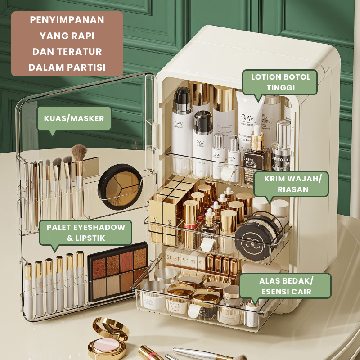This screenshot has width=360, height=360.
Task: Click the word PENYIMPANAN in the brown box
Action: (67, 20)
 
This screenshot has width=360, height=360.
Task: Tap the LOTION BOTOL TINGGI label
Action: (280, 82)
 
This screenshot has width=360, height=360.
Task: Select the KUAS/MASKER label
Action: (74, 118)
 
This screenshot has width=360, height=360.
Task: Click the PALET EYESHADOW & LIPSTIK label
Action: (85, 232)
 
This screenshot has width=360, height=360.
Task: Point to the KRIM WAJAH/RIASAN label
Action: (291, 184)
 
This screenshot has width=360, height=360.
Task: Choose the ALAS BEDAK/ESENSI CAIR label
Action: (285, 286)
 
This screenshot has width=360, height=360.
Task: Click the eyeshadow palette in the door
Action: (118, 272)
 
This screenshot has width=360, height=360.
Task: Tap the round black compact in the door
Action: (120, 187)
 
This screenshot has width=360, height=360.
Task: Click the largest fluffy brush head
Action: (79, 152)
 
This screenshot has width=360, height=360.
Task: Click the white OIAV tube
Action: (249, 124)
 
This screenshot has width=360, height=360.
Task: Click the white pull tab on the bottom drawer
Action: (195, 310)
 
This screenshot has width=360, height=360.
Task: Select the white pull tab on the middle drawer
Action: (207, 244)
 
